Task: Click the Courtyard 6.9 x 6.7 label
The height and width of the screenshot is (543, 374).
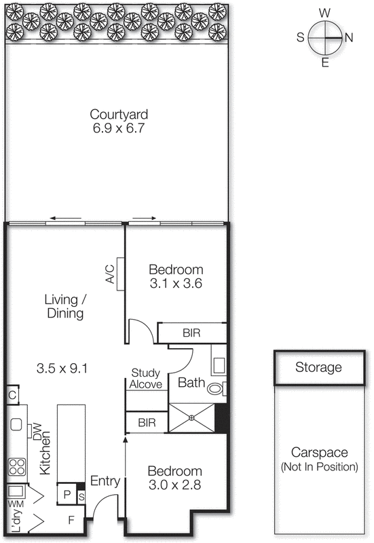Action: pos(118,120)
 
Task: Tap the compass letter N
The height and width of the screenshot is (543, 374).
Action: pos(349,38)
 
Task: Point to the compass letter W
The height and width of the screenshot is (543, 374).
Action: pos(325,13)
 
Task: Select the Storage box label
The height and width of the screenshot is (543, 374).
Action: pos(318,368)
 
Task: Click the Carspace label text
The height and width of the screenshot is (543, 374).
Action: pos(318,453)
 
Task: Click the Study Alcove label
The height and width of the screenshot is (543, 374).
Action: pos(147,378)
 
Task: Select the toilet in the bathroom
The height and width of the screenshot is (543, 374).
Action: pos(216,389)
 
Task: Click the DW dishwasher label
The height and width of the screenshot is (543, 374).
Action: pos(38,432)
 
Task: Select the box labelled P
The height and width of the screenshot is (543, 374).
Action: pos(67,494)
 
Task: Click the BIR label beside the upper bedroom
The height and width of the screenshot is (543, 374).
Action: pos(191,333)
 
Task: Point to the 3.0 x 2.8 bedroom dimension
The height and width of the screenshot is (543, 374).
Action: pos(175,486)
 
